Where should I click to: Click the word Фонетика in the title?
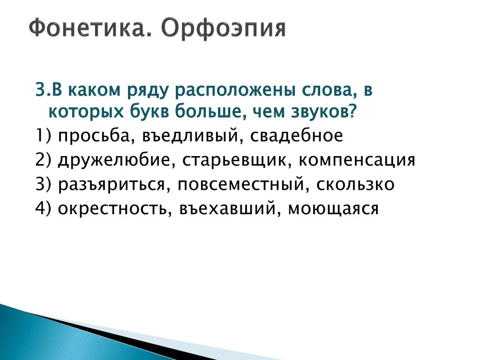coord(90,28)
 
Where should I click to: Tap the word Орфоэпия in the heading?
coord(224,29)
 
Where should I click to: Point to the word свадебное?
coord(296,135)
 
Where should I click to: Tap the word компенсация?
coord(357,160)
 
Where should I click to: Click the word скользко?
coord(355,184)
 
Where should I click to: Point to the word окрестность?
coord(112,209)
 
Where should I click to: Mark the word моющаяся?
coord(333,209)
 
